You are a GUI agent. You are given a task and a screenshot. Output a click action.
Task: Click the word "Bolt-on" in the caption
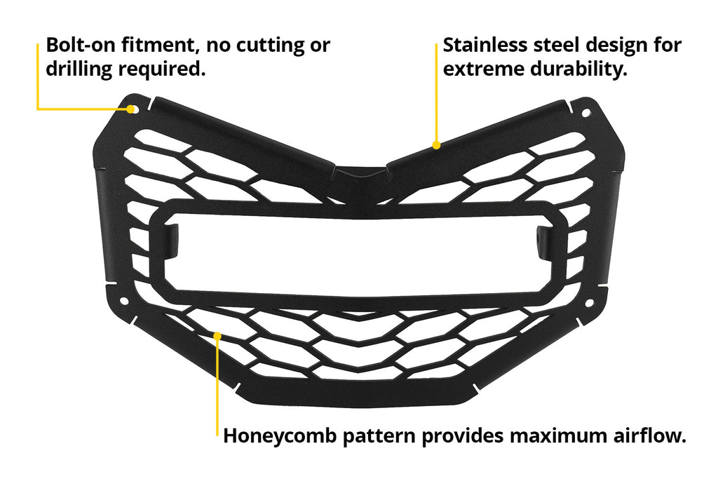(80, 45)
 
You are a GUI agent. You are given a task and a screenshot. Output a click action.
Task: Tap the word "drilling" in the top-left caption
(79, 69)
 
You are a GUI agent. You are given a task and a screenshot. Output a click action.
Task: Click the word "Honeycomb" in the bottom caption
(280, 436)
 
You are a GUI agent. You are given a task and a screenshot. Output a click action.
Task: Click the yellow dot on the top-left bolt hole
(131, 109)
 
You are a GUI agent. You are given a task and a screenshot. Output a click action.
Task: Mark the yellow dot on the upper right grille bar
(436, 145)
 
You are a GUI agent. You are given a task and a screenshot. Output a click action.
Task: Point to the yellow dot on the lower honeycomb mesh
(217, 336)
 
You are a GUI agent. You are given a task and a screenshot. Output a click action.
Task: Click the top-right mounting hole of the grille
(585, 113)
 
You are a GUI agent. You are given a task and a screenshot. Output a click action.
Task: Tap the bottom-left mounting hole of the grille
(123, 302)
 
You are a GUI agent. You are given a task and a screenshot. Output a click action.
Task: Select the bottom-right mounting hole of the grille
(589, 303)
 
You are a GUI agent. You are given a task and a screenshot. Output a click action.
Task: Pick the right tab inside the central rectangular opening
(545, 242)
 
